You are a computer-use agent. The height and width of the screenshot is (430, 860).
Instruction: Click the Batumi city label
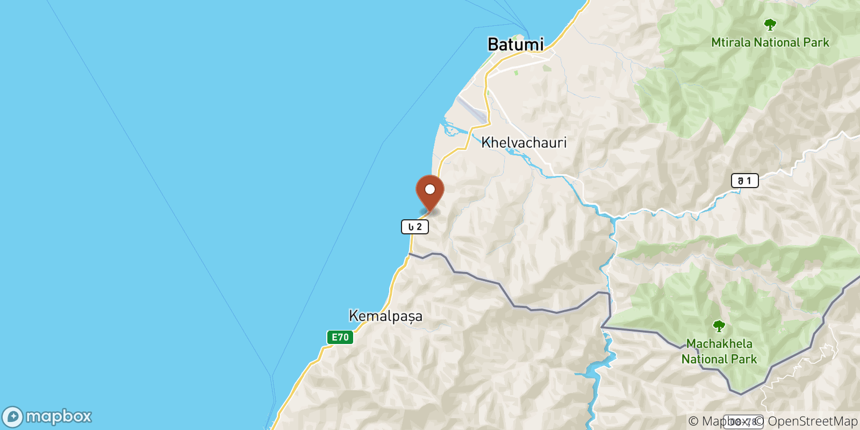(515, 44)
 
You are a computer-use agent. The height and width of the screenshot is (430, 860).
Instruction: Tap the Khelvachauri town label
(524, 142)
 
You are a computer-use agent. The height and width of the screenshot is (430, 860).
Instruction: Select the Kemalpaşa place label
(385, 316)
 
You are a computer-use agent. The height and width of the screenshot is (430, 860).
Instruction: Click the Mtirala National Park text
(770, 42)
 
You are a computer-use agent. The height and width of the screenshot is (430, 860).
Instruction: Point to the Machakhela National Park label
(719, 351)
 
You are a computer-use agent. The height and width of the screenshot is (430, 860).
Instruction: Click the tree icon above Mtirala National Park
(770, 24)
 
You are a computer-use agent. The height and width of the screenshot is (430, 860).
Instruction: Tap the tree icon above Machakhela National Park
(719, 326)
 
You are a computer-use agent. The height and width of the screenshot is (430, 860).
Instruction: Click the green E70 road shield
(340, 337)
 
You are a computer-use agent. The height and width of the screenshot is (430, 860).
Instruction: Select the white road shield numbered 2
(415, 227)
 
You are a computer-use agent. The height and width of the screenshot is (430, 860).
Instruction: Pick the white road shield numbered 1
(744, 181)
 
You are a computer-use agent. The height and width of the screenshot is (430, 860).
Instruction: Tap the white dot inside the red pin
(430, 189)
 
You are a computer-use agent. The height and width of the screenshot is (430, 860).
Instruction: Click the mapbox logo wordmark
(59, 417)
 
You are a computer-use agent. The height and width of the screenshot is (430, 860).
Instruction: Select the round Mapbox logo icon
(12, 417)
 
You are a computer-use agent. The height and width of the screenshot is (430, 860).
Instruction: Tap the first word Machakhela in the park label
(719, 343)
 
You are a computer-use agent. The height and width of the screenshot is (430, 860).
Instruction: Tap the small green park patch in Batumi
(516, 72)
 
